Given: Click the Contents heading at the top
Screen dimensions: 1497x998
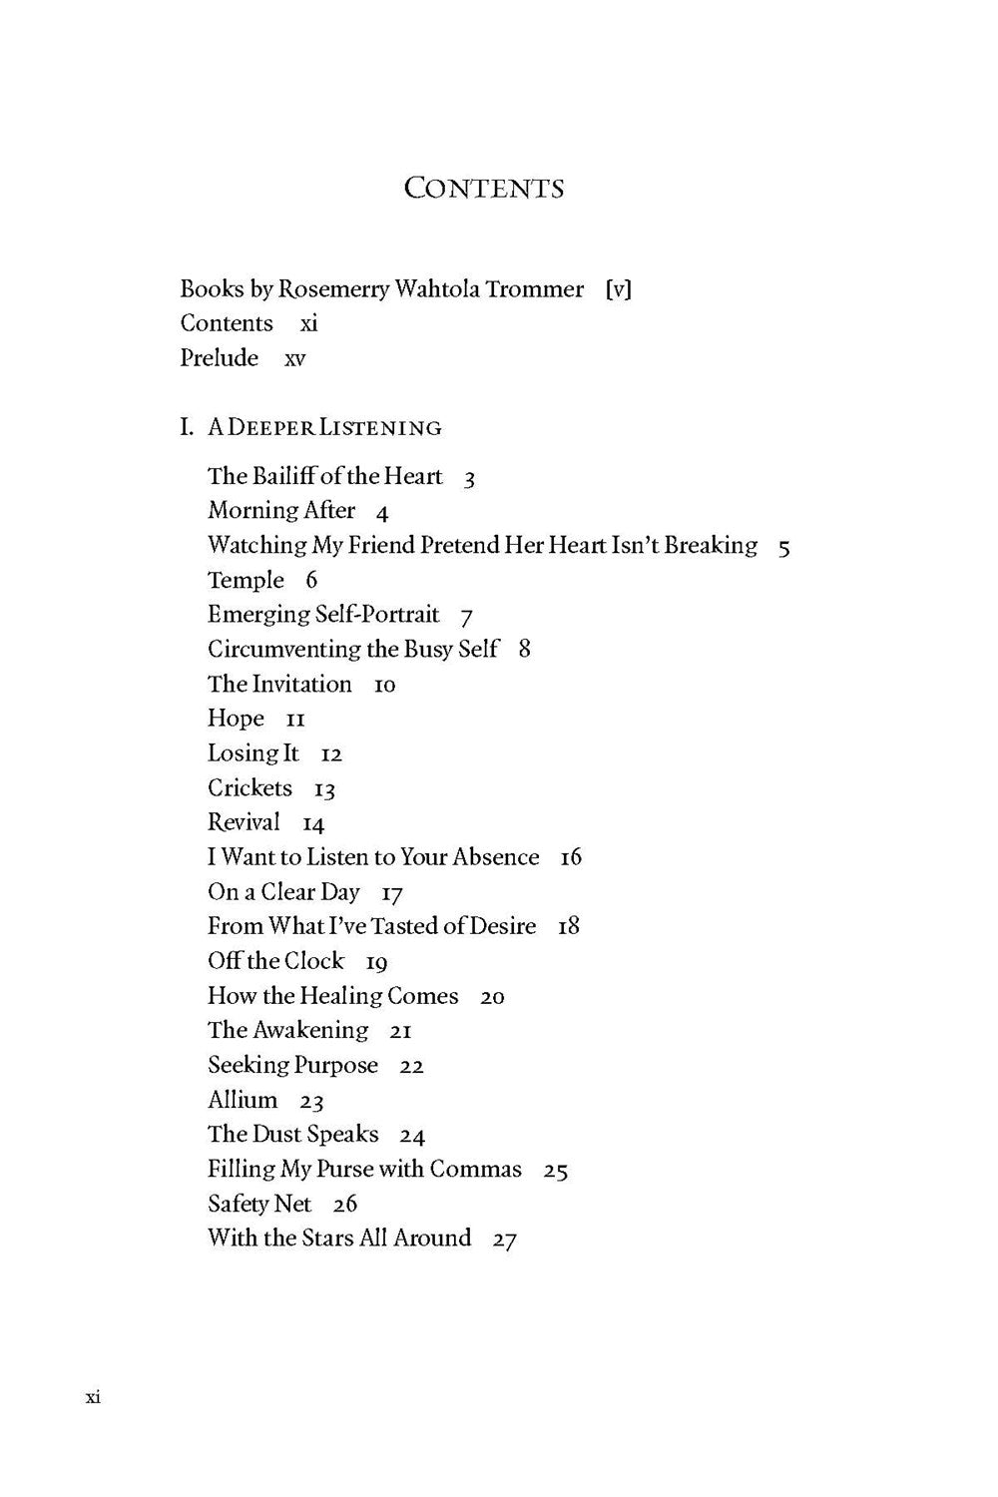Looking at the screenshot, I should point(484,188).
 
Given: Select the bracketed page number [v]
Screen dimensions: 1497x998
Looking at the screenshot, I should point(618,289).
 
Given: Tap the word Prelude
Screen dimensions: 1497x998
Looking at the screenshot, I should point(219,357).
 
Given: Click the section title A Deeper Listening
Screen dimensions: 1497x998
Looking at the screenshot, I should point(324,427).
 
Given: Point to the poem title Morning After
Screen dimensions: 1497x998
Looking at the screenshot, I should point(281,510).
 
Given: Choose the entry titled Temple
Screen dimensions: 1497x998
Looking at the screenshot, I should point(246,580).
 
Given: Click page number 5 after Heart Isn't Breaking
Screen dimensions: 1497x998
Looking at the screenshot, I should point(783,547).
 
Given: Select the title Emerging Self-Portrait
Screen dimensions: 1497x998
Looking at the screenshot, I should point(323,614).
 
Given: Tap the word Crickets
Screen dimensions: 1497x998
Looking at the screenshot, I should point(249,787).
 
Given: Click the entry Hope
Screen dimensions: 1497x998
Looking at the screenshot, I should point(236,719).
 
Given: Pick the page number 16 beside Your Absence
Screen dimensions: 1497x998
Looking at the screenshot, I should point(570,857).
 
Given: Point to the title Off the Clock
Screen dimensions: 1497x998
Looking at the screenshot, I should point(275,961).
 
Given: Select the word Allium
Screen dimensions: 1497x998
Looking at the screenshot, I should point(243,1100).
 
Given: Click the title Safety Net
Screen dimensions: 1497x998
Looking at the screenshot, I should point(259,1204).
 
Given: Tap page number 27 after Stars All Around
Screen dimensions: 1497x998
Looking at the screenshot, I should point(504,1240).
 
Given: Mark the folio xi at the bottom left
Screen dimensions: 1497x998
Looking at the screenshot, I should point(93,1396).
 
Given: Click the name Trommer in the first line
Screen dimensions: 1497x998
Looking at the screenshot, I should point(534,289).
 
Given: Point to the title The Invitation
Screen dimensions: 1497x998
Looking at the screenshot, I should point(279,684).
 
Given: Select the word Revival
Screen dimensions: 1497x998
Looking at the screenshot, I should point(244,822).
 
